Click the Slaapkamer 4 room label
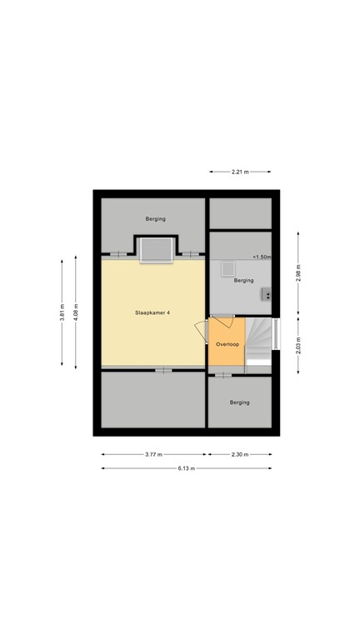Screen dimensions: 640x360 pyautogui.click(x=152, y=312)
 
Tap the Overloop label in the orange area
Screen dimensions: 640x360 pyautogui.click(x=227, y=344)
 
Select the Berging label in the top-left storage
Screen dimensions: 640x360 pyautogui.click(x=155, y=219)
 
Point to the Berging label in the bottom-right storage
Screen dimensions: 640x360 pyautogui.click(x=239, y=402)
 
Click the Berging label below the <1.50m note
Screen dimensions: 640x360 pyautogui.click(x=243, y=281)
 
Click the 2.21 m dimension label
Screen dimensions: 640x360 pyautogui.click(x=241, y=172)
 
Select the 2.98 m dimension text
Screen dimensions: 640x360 pyautogui.click(x=297, y=272)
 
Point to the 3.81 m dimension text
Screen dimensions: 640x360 pyautogui.click(x=62, y=312)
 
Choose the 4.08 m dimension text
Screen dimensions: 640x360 pyautogui.click(x=75, y=312)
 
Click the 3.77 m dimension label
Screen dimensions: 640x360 pyautogui.click(x=153, y=454)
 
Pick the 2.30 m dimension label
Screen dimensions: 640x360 pyautogui.click(x=240, y=454)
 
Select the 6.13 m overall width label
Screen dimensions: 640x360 pyautogui.click(x=186, y=468)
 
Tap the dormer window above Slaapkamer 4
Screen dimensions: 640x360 pyautogui.click(x=155, y=249)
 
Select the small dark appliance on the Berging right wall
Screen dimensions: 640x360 pyautogui.click(x=267, y=293)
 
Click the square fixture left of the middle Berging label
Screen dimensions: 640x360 pyautogui.click(x=227, y=269)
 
